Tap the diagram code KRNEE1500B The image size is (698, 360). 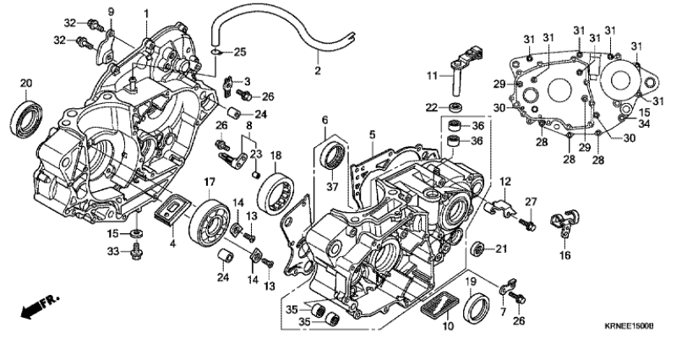[650, 325]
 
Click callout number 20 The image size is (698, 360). [25, 82]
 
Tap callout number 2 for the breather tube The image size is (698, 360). [318, 71]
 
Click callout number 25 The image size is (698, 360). [240, 52]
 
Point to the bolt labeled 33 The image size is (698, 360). [135, 250]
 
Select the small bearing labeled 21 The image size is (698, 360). [479, 248]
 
